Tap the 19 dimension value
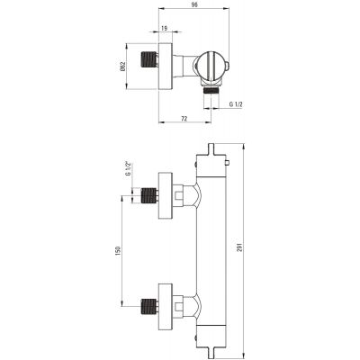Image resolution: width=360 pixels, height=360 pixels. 164,28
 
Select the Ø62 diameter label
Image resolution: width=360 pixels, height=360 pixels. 122,67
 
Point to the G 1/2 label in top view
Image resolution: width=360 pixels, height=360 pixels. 236,104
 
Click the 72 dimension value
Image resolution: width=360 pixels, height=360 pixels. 184,119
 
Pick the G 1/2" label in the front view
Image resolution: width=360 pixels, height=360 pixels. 129,168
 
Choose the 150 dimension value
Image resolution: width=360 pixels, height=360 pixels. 118,250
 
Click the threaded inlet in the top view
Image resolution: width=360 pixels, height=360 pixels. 148,59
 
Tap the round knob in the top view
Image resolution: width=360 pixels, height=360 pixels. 211,66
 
